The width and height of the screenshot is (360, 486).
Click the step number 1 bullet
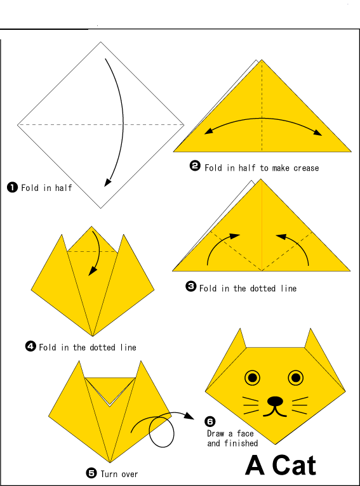coord(12,187)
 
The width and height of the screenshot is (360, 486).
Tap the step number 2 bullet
coord(195,167)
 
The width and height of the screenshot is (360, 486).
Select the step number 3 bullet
coord(190,287)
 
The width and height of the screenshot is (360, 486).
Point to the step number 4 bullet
coord(30,346)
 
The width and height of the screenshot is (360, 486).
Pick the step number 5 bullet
coord(91,473)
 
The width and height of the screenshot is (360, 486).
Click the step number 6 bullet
coord(210,422)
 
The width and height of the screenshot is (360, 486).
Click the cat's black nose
coord(275,401)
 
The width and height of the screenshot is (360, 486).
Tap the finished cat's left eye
coord(253,378)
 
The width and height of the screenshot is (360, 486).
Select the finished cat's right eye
coord(296,378)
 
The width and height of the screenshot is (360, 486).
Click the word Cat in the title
coord(292,465)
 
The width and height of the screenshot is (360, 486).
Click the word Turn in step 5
coord(109,474)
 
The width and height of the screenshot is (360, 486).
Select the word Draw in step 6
coord(216,434)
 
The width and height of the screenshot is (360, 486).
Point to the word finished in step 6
coord(241,443)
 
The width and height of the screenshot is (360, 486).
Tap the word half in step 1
coord(63,188)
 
